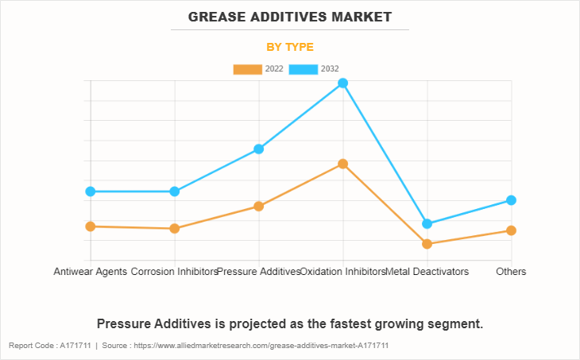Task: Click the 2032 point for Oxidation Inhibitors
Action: (x=343, y=83)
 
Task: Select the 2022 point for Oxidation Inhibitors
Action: (x=343, y=164)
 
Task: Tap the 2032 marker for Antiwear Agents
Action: (x=91, y=192)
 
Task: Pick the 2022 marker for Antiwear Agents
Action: (x=91, y=226)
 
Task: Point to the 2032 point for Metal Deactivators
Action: (x=427, y=224)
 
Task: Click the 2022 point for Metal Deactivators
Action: (x=427, y=244)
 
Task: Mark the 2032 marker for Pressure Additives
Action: (x=259, y=149)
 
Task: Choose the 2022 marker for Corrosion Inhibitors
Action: (x=175, y=229)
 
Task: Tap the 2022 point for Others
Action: (x=512, y=230)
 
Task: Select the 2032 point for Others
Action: (x=512, y=200)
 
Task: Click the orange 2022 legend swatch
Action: (x=247, y=69)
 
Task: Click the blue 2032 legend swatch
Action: (x=304, y=69)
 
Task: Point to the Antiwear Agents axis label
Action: (x=90, y=272)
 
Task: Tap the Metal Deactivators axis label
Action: (x=427, y=272)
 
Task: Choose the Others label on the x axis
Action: (x=511, y=272)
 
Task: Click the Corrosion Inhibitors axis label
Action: (x=174, y=272)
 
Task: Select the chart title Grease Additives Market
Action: (x=290, y=17)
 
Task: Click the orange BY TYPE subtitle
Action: (x=290, y=47)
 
